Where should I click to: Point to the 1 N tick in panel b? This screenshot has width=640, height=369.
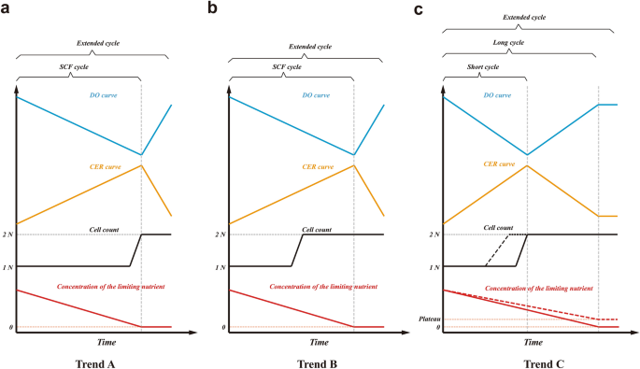click(220, 267)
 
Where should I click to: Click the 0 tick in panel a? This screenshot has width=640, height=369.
click(11, 328)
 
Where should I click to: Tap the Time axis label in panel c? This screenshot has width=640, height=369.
click(532, 342)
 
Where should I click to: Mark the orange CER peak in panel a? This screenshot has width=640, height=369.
click(141, 165)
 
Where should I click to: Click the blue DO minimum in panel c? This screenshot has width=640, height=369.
click(528, 155)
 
